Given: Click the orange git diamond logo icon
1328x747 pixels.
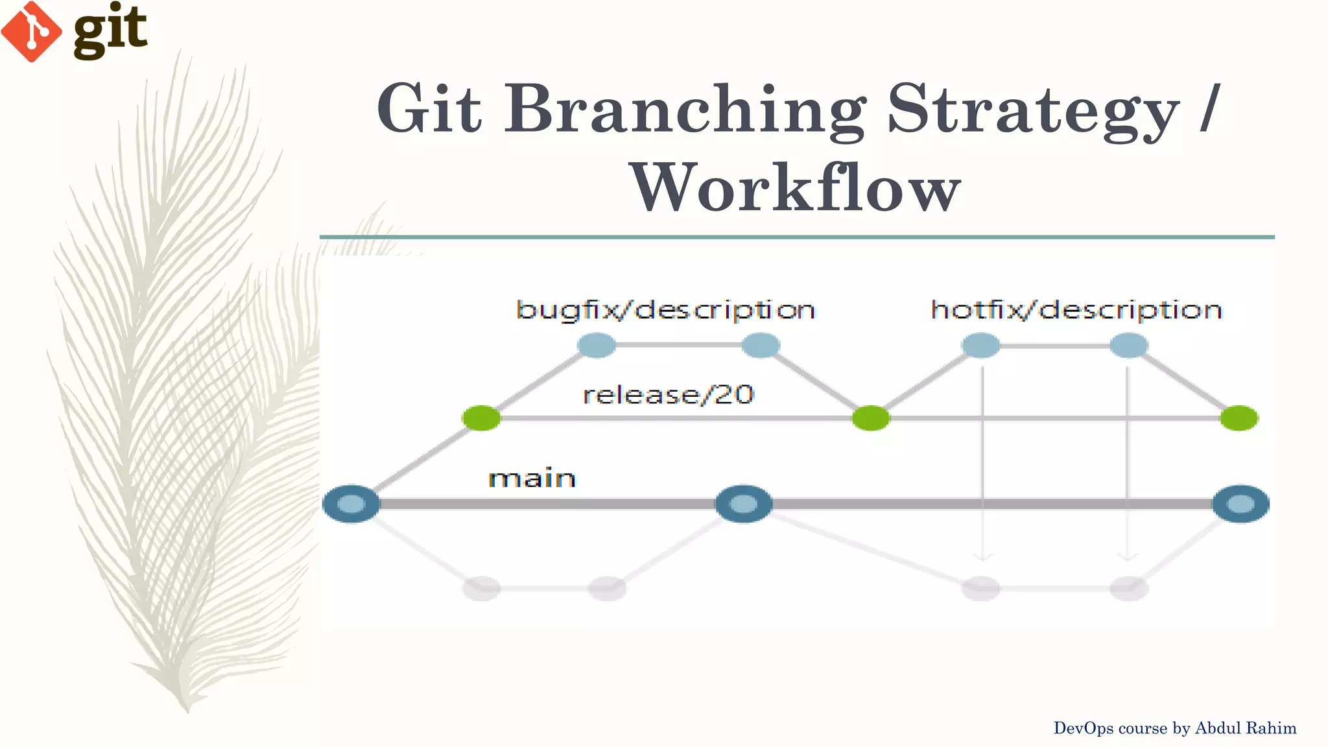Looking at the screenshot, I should [x=31, y=31].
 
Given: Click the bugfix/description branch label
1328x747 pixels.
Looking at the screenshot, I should [x=665, y=310].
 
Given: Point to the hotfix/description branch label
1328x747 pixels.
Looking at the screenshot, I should [x=1076, y=310].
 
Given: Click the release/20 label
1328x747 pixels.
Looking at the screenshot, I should [x=668, y=394].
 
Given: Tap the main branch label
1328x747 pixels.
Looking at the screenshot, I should [x=532, y=479].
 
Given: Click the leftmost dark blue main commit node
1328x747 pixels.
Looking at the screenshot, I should [x=351, y=504].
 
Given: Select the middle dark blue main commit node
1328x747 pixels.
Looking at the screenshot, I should [x=744, y=504].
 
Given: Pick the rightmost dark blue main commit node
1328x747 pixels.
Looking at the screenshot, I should [x=1240, y=504].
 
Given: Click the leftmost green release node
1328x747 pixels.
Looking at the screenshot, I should [x=481, y=418].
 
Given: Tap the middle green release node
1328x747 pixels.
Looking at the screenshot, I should [x=871, y=418].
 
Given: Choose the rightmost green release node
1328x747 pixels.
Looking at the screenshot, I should [x=1239, y=418].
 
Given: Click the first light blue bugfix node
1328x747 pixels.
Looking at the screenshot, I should [x=597, y=345].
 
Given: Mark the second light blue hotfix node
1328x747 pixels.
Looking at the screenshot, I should [x=1129, y=345].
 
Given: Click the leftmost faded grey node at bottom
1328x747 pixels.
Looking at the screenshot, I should [x=481, y=588].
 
